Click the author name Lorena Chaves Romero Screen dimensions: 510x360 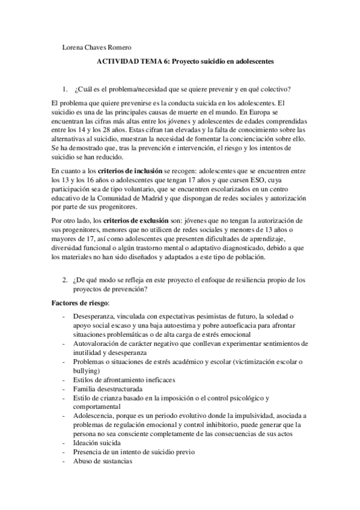[x=97, y=48]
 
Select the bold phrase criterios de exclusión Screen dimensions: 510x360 [x=123, y=221]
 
